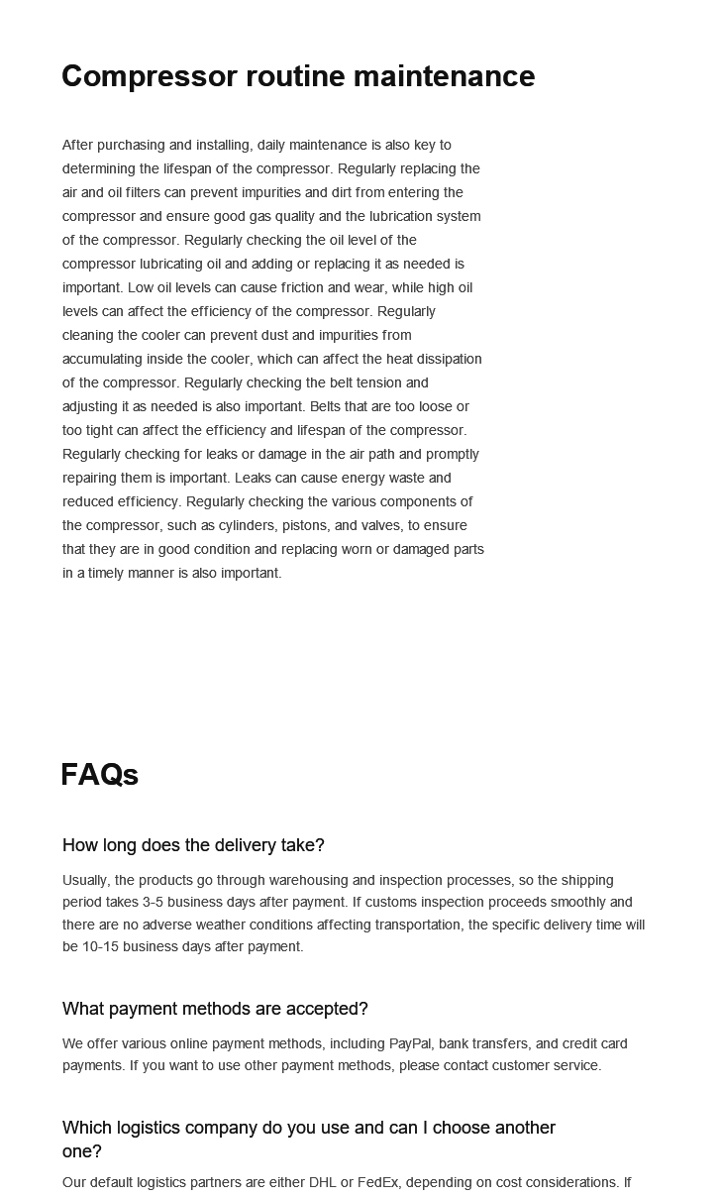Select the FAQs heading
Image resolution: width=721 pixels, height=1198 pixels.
click(99, 775)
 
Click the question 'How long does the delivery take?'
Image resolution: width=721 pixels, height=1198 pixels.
click(193, 845)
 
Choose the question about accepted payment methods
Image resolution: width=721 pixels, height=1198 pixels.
click(215, 1009)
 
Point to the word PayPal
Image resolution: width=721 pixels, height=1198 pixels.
click(409, 1043)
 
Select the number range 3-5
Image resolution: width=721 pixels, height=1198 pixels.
click(154, 902)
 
